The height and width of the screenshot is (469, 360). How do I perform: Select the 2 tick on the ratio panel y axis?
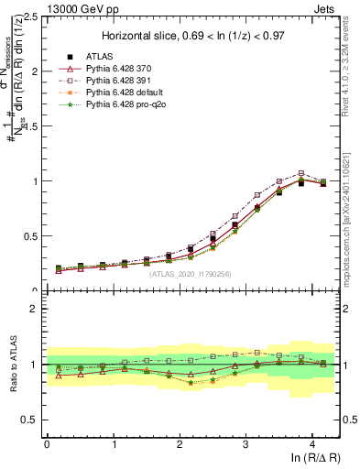click(33, 309)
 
